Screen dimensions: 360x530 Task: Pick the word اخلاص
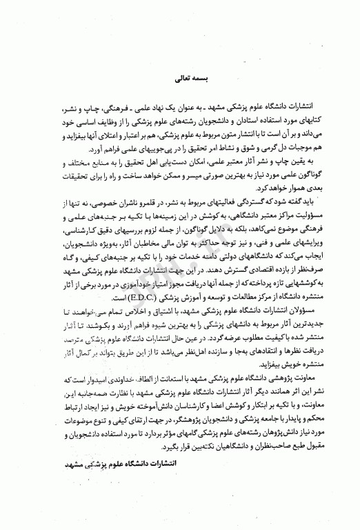tap(143, 312)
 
